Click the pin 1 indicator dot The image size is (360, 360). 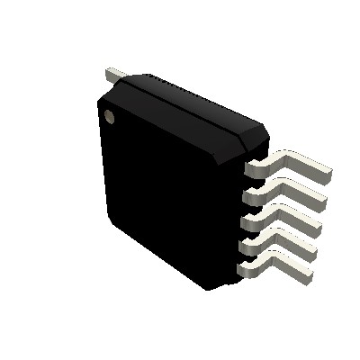(111, 115)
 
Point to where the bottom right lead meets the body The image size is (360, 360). (239, 268)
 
